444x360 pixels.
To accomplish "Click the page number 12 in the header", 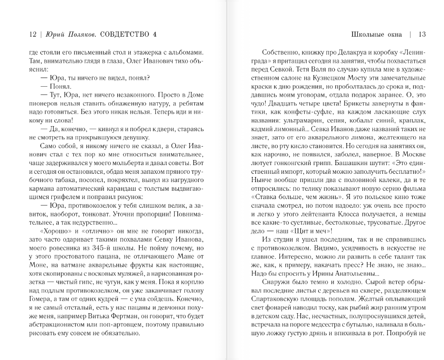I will pyautogui.click(x=32, y=34).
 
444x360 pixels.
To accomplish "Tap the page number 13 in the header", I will pyautogui.click(x=422, y=34).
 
